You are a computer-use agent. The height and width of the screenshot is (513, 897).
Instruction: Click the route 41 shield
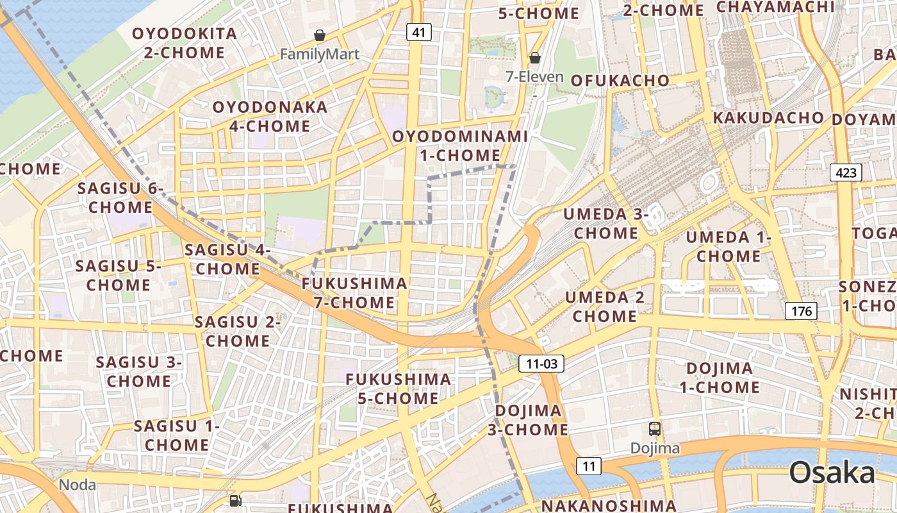[418, 32]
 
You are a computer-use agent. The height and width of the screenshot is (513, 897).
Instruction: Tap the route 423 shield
[846, 172]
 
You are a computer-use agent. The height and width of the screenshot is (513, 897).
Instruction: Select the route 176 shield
[801, 311]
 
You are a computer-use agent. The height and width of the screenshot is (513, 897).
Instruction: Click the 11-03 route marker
[541, 364]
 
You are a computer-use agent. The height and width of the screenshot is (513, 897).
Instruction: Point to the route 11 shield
[588, 466]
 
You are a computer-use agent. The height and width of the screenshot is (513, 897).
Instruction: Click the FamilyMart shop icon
[319, 35]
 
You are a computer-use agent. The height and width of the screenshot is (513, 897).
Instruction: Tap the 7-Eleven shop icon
[534, 58]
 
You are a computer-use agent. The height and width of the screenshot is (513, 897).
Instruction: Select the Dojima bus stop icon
[655, 429]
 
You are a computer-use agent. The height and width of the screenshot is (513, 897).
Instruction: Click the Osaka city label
[832, 473]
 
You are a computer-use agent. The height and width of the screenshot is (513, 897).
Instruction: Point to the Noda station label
[78, 485]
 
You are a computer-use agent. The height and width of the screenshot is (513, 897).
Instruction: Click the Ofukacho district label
[620, 80]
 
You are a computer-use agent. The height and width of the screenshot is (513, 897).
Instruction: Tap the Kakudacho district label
[768, 118]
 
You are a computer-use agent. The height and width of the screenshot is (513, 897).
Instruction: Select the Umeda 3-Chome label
[606, 223]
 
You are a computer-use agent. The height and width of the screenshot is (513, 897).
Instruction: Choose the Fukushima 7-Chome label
[354, 292]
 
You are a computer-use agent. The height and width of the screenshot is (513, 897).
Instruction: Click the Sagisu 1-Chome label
[177, 435]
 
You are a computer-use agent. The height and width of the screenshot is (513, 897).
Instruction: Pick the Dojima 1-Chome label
[720, 378]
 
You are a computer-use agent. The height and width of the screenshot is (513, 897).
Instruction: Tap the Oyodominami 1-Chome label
[460, 146]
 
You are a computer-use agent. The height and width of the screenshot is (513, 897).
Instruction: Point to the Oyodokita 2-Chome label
[185, 43]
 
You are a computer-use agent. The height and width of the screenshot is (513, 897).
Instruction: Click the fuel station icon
[235, 500]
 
